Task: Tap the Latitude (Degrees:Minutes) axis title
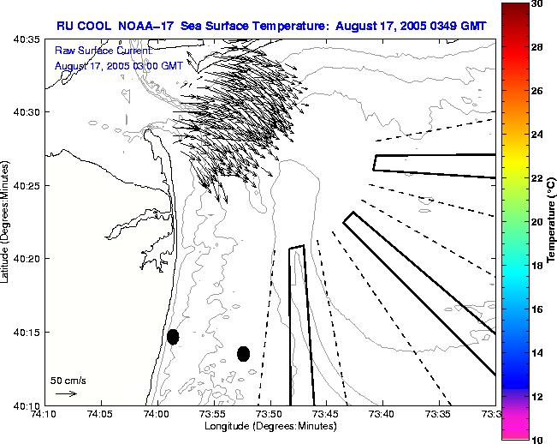[7, 222]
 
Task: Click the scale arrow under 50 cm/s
[66, 393]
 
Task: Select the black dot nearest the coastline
[173, 337]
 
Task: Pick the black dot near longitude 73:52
[243, 353]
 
